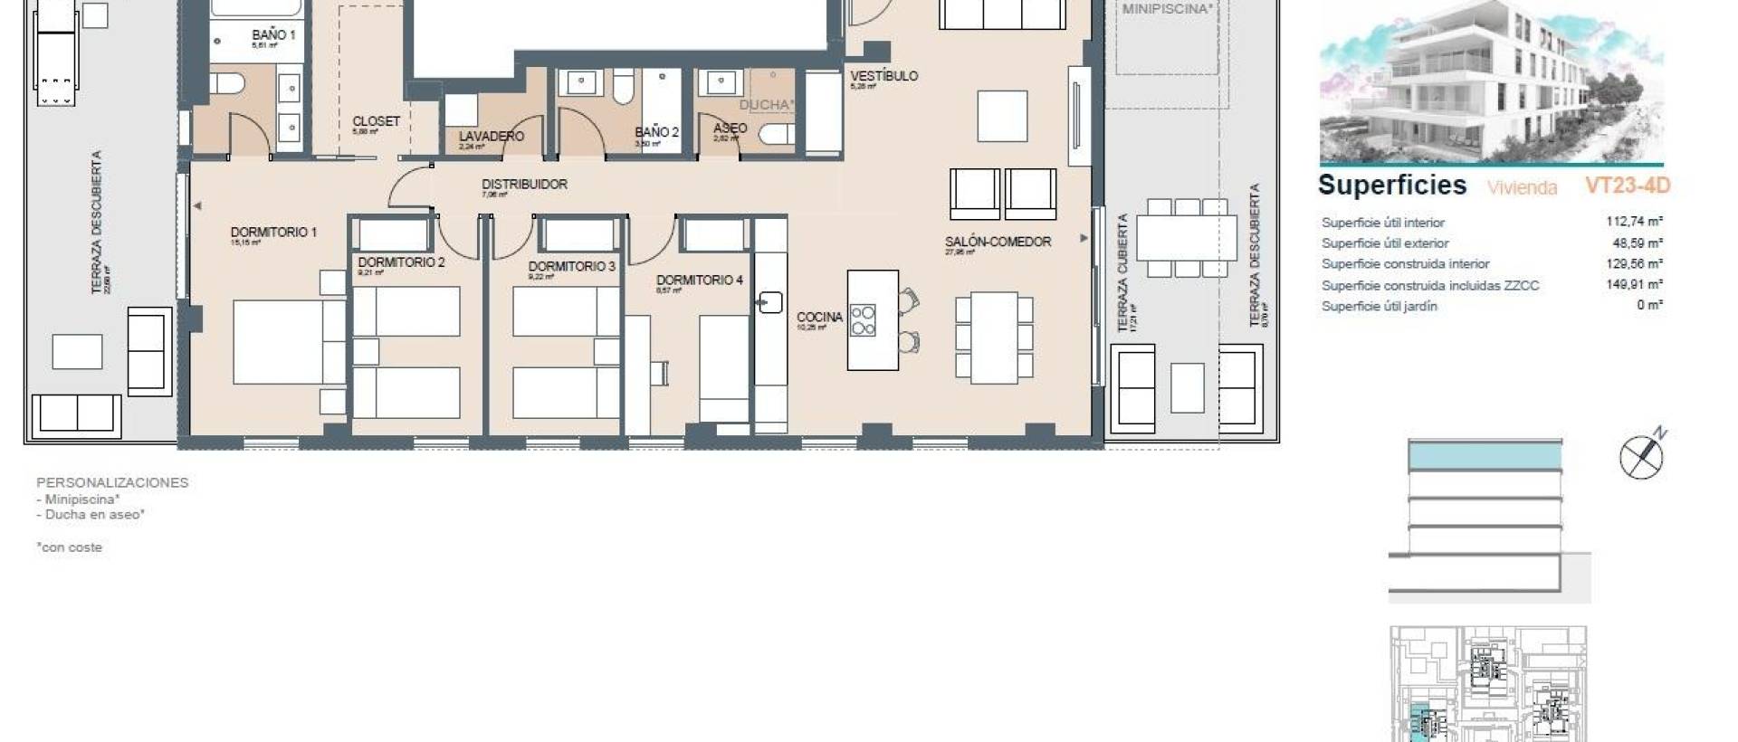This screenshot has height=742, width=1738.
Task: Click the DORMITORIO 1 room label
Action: (x=273, y=233)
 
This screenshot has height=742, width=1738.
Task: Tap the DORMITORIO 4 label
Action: (x=699, y=281)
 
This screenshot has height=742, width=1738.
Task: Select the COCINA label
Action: (x=819, y=317)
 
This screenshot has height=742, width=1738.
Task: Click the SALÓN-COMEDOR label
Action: (x=998, y=243)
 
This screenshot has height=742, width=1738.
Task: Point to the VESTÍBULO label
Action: (x=883, y=76)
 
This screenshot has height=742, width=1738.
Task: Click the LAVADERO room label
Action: (x=491, y=137)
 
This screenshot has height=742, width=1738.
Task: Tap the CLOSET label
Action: (x=376, y=121)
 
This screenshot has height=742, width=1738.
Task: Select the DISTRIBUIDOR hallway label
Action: (x=524, y=185)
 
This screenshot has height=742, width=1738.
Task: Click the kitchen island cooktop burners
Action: (x=863, y=320)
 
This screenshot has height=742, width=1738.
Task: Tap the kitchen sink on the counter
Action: (x=769, y=302)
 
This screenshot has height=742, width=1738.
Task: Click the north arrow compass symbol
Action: (x=1642, y=457)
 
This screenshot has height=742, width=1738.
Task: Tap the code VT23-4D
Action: (x=1627, y=186)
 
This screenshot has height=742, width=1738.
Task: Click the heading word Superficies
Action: (x=1391, y=185)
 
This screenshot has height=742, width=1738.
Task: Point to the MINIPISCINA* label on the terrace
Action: (x=1166, y=9)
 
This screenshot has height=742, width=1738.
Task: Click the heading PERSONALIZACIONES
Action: (x=112, y=482)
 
